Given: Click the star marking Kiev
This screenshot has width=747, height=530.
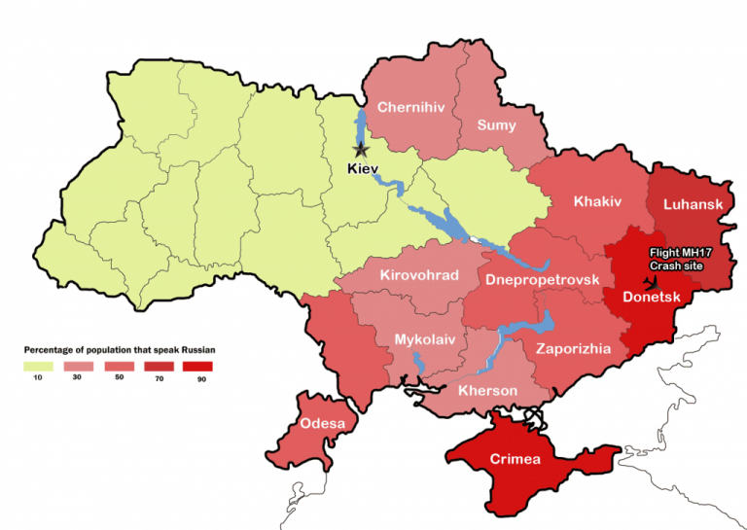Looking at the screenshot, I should [x=361, y=150].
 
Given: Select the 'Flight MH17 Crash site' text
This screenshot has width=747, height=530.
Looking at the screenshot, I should [x=675, y=259].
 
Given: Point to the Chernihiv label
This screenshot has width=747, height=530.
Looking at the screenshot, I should [x=410, y=107].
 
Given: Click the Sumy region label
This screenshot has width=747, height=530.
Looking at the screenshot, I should [x=495, y=124].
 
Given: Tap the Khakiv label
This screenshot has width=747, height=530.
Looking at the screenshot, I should [x=596, y=201].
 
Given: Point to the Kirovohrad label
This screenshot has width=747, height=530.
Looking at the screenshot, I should [x=418, y=275].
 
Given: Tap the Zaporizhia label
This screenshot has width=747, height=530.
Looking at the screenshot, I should [x=573, y=347].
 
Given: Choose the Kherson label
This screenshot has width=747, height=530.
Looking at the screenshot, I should [x=487, y=390].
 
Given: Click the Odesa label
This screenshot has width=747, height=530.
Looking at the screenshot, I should [x=322, y=423].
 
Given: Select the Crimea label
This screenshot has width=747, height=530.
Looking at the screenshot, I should [x=516, y=459].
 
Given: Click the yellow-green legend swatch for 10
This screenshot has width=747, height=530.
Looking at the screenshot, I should [x=37, y=366].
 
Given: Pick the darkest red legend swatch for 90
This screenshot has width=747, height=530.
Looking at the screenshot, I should [x=198, y=366].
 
